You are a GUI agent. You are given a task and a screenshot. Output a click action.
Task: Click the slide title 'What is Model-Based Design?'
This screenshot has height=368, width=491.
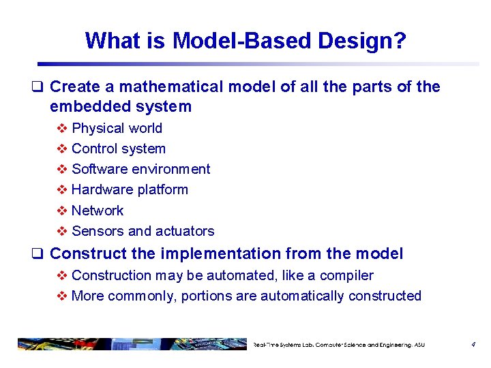click(x=245, y=41)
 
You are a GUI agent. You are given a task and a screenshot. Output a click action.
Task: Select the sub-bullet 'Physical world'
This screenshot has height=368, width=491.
click(x=117, y=128)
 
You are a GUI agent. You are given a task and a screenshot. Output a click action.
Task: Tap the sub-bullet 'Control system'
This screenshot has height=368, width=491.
click(x=118, y=149)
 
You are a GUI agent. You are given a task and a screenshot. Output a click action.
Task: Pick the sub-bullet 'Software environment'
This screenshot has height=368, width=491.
click(x=140, y=169)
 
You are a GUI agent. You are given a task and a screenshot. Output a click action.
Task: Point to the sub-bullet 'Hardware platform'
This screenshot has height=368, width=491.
click(x=130, y=189)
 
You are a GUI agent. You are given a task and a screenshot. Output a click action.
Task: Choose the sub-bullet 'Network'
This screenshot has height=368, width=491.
click(x=98, y=211)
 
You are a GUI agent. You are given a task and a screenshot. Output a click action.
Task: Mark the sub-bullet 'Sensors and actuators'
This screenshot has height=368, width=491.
click(x=143, y=231)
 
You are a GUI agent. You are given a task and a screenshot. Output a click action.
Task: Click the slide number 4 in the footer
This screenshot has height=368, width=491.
click(x=473, y=345)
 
